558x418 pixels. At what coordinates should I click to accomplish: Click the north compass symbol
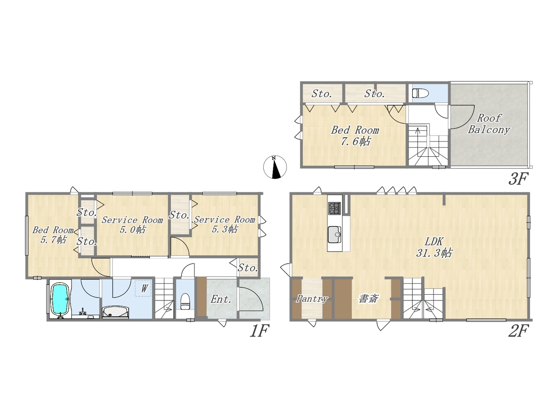(275, 167)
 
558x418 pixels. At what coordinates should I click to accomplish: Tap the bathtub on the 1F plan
(61, 300)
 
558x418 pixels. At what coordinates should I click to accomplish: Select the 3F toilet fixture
(420, 93)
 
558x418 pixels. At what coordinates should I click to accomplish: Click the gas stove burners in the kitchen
(334, 208)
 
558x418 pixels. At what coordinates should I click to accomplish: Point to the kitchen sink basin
(334, 235)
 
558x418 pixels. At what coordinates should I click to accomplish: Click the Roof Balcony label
(489, 124)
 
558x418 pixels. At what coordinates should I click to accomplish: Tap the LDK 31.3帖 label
(434, 247)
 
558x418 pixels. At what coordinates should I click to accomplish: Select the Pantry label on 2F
(312, 299)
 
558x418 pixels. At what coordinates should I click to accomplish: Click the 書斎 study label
(369, 299)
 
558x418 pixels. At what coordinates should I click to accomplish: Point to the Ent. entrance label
(221, 300)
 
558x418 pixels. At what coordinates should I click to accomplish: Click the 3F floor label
(518, 179)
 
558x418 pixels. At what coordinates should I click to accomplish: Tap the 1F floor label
(259, 331)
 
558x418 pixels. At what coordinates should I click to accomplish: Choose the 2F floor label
(518, 331)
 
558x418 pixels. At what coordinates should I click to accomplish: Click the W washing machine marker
(144, 288)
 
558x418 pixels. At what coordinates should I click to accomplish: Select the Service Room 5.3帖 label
(225, 224)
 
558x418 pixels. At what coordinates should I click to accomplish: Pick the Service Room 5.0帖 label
(133, 225)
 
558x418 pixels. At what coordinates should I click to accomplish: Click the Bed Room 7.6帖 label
(355, 136)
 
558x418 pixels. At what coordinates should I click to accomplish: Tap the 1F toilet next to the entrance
(185, 301)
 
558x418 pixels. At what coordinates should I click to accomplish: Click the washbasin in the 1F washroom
(116, 313)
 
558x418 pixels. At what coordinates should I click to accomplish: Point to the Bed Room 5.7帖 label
(53, 235)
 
